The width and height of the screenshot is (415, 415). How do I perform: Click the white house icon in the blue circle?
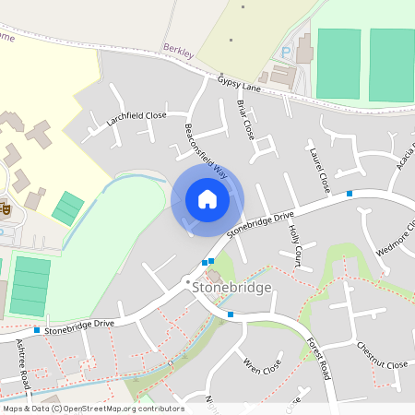tap(207, 198)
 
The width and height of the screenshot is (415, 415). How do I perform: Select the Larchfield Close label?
tap(136, 117)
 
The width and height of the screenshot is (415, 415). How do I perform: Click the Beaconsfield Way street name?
tap(206, 149)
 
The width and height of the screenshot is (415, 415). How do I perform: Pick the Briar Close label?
tap(245, 120)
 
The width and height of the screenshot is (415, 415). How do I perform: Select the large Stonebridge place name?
tap(231, 288)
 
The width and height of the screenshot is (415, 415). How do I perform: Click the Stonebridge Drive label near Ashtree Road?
tap(79, 325)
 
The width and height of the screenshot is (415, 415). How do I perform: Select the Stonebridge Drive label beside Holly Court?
tap(259, 224)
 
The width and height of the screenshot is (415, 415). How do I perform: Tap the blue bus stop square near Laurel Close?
tap(350, 194)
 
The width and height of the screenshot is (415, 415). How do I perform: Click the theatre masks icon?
tap(6, 210)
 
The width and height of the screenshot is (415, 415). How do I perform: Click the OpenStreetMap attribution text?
tap(92, 409)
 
